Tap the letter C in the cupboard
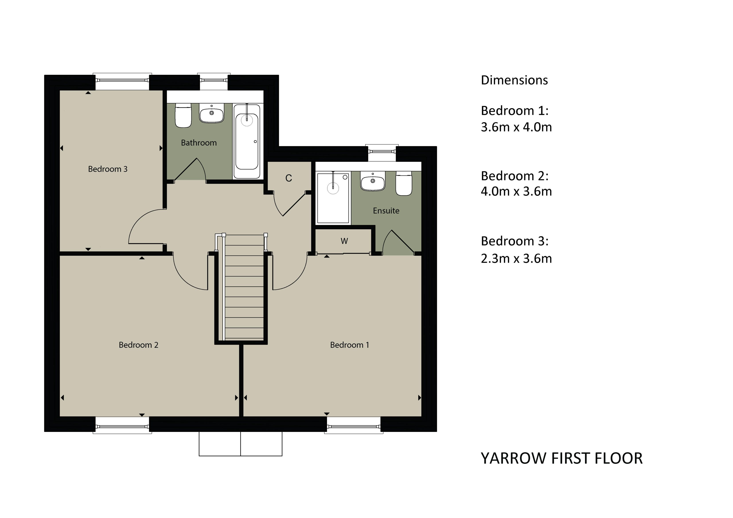289,178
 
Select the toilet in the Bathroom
183,115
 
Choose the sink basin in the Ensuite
373,181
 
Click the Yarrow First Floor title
562,458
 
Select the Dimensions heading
514,80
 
